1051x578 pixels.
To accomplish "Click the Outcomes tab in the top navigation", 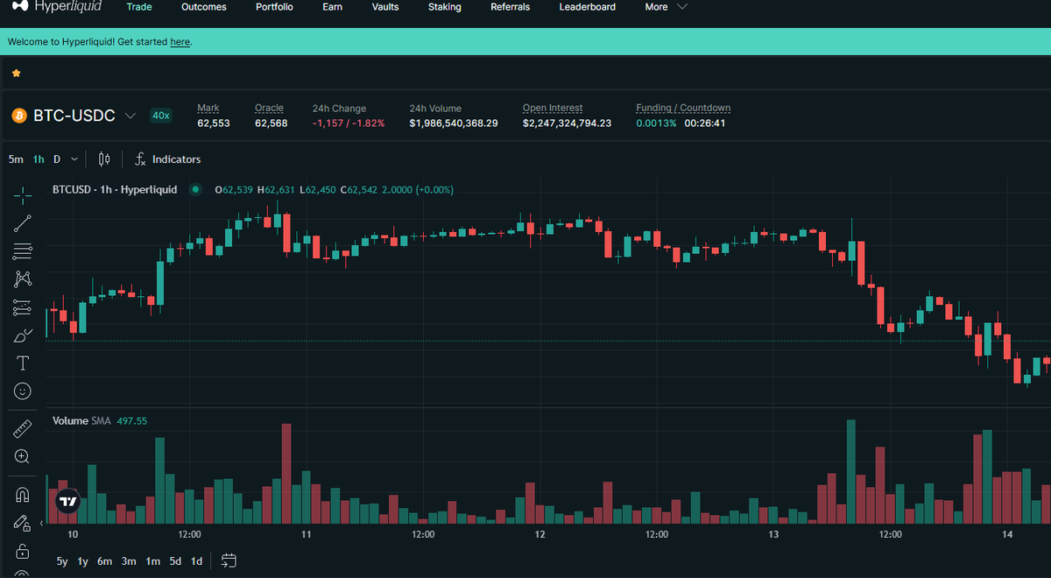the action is tap(203, 7).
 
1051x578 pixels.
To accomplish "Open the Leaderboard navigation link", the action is tap(587, 7).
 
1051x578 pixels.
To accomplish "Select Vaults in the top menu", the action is tap(385, 7).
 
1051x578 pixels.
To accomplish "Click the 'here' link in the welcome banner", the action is tap(180, 42).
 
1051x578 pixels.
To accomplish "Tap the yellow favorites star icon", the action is tap(17, 74).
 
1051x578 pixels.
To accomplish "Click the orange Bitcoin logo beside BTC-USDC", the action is tap(19, 116).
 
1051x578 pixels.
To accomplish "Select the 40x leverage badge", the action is tap(161, 116).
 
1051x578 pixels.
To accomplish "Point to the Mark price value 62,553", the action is tap(214, 123).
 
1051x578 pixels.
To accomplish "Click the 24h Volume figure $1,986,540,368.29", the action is tap(454, 123).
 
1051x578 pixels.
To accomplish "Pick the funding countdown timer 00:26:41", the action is tap(704, 123).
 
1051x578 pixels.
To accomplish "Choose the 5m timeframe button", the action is tap(16, 159).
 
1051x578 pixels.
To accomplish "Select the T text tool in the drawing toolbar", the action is tap(23, 363).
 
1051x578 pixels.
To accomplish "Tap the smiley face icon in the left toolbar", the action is tap(23, 391).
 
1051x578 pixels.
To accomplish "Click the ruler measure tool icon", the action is tap(23, 429).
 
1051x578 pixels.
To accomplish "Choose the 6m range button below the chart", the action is tap(104, 561).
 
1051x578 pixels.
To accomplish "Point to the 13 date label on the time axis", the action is tap(773, 534).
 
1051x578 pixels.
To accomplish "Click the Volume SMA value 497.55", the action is tap(132, 421).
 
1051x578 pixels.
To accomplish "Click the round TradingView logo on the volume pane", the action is tap(68, 502).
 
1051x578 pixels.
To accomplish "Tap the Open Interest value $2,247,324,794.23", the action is tap(567, 123).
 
